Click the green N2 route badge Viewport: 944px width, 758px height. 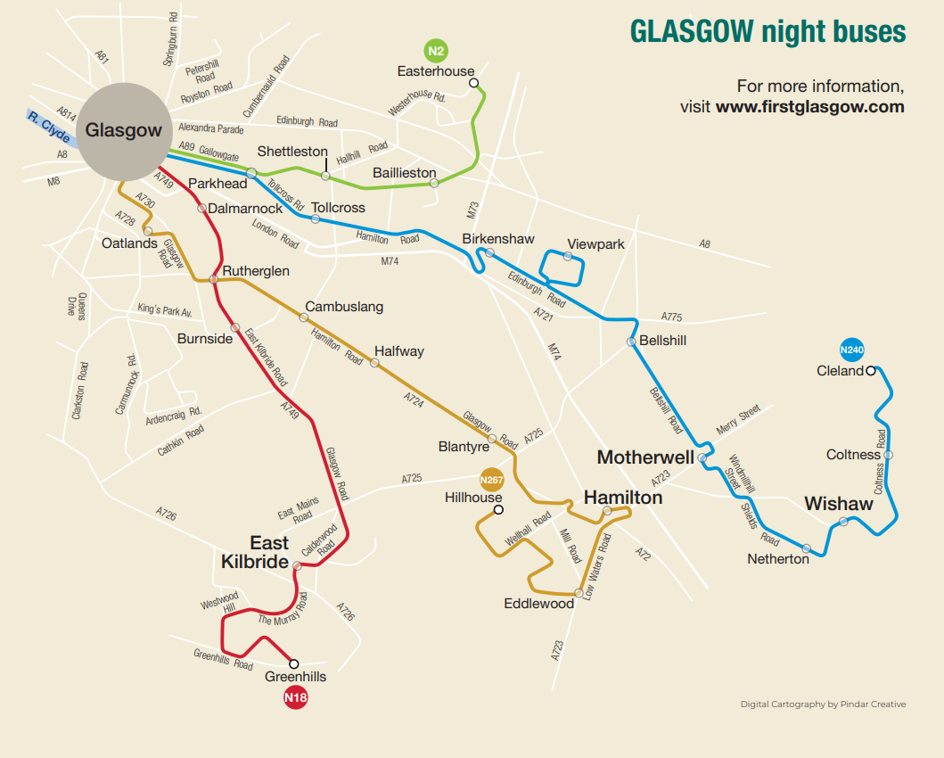(x=436, y=50)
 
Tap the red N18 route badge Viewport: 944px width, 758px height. (x=295, y=696)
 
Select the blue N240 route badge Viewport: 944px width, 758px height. (x=853, y=349)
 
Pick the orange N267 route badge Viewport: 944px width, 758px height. (x=492, y=479)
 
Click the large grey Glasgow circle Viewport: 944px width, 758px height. (x=124, y=130)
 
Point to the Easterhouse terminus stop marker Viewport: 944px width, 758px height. (x=473, y=83)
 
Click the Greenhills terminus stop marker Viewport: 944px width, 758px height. (x=294, y=663)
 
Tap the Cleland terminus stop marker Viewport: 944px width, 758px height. (x=871, y=370)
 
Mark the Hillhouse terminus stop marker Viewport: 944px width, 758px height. (x=498, y=510)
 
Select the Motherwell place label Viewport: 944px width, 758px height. (x=645, y=457)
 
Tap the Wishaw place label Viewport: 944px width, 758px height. (x=839, y=504)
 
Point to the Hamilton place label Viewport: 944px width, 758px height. (x=623, y=498)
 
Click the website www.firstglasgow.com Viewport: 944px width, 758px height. (x=809, y=107)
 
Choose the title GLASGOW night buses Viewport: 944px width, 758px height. (x=768, y=32)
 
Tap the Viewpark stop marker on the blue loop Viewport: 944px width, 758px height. (x=568, y=257)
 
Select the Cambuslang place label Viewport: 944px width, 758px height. (x=344, y=306)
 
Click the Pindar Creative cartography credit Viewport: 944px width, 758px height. (x=823, y=704)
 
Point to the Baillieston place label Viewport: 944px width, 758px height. (x=405, y=173)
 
